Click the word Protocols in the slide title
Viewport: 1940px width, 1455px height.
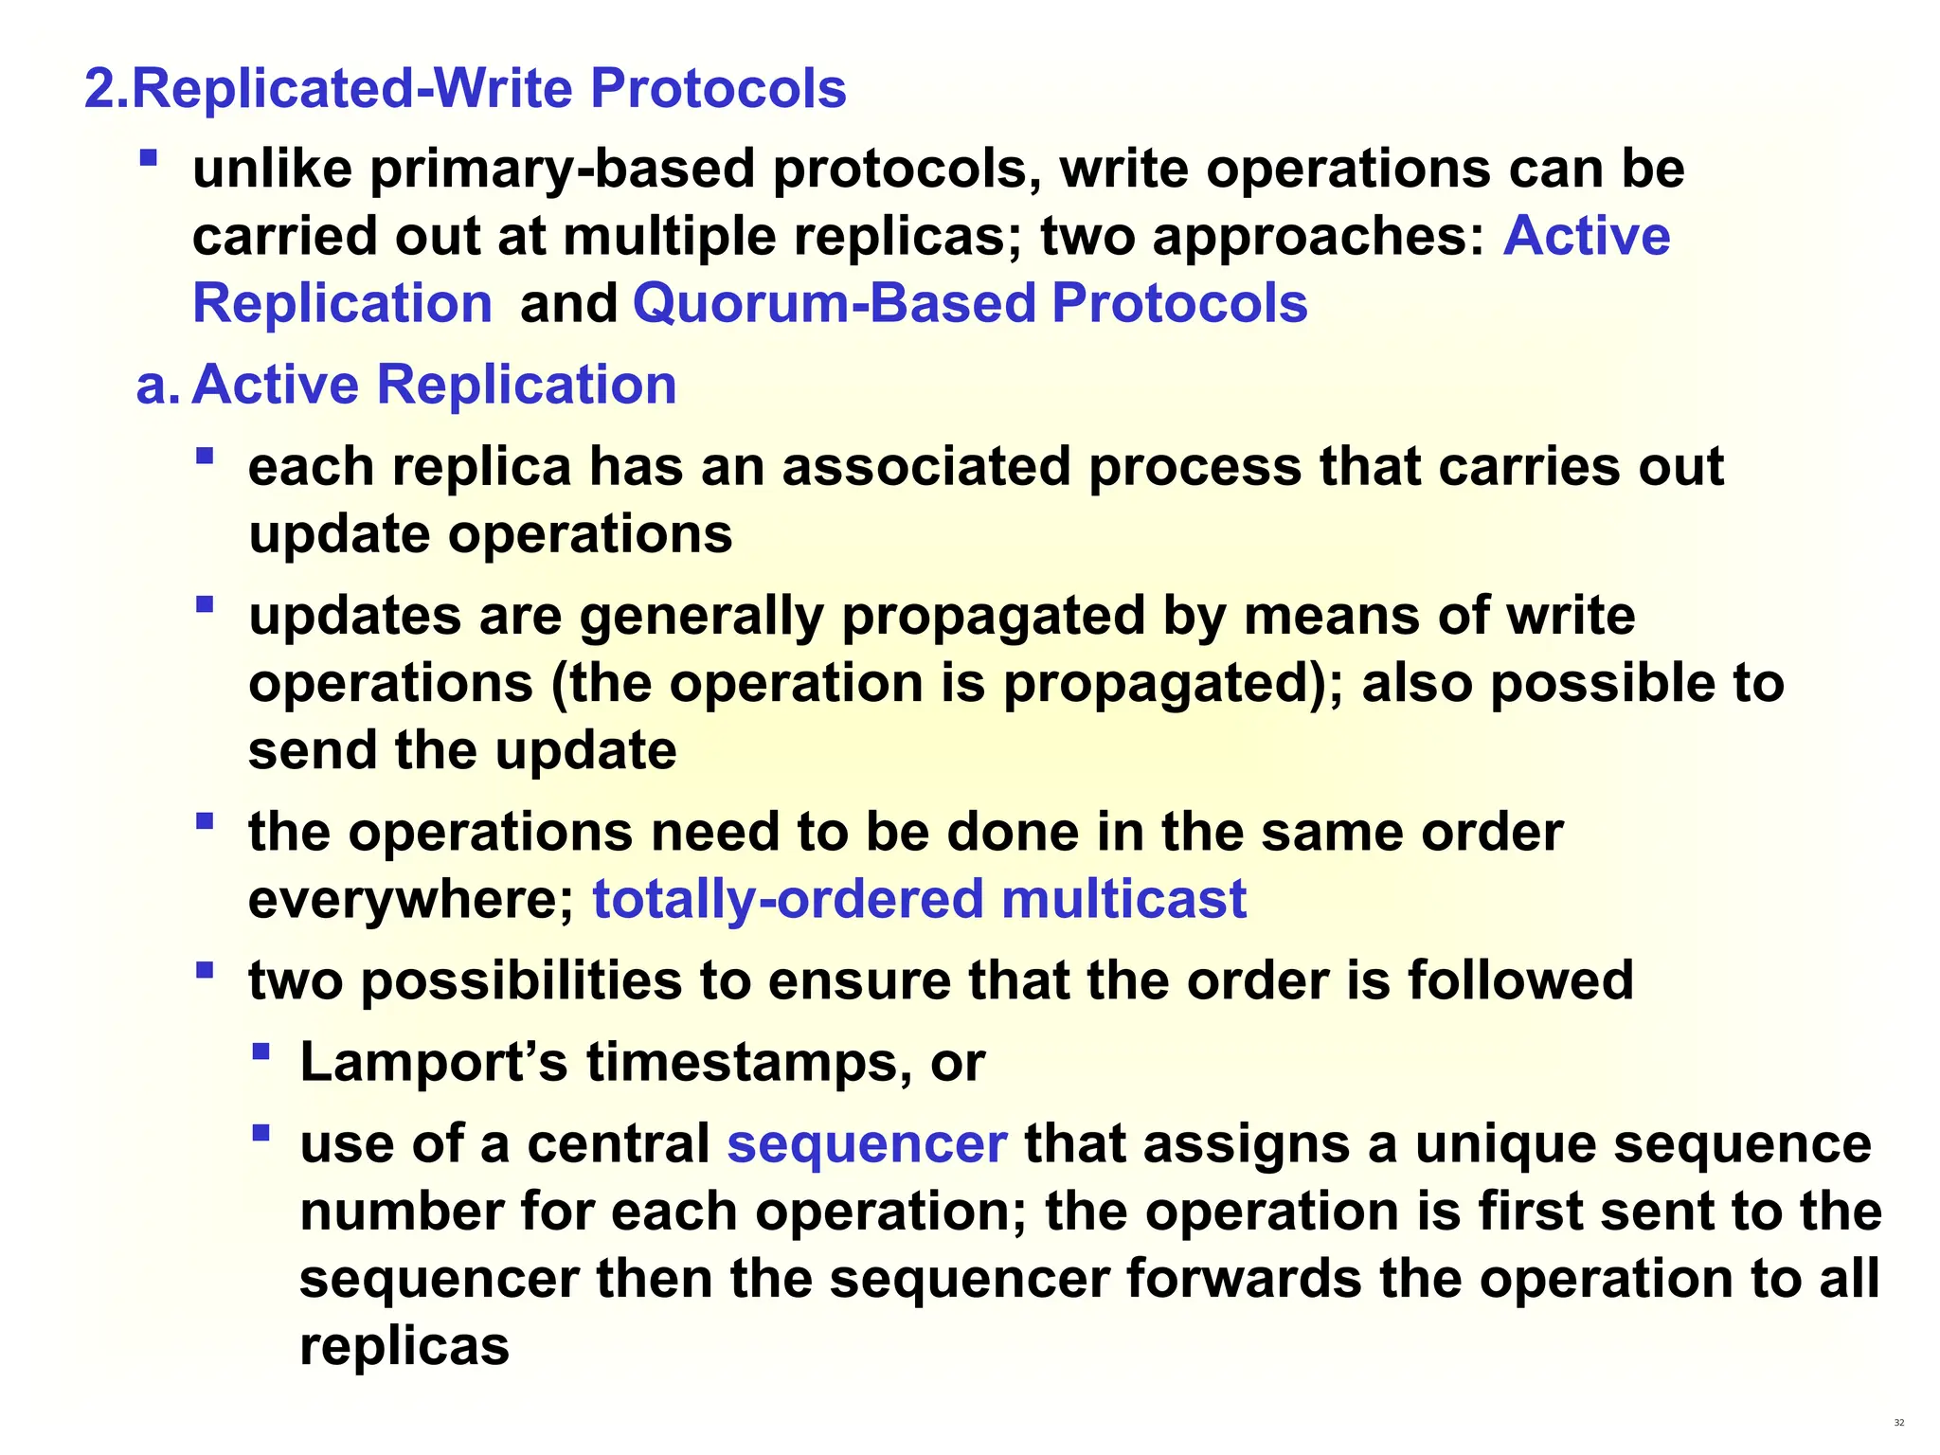pos(717,89)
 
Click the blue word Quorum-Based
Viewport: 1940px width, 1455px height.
pos(835,304)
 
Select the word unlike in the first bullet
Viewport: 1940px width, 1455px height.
pos(273,170)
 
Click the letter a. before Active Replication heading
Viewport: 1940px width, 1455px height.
pos(156,386)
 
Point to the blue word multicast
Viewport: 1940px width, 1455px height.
pos(1123,899)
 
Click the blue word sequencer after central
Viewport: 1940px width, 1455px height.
pos(867,1144)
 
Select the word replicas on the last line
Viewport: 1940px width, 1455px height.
pos(404,1346)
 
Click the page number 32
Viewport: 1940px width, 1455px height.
pos(1898,1423)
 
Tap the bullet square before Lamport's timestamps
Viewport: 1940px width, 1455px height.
pos(261,1051)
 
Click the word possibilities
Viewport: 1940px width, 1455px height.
pos(521,980)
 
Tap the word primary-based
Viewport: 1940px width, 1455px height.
pos(562,170)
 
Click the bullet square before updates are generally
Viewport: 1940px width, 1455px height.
pos(205,603)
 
